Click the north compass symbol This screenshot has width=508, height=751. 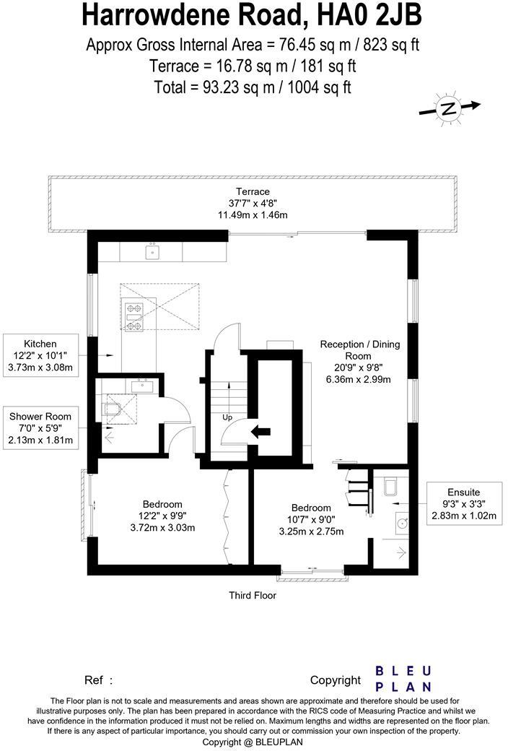pos(449,109)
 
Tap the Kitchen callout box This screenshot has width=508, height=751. pos(40,356)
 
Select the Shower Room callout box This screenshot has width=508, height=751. pos(40,428)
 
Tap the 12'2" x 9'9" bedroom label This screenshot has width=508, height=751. pos(162,516)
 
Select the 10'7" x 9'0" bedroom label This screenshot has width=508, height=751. pos(311,519)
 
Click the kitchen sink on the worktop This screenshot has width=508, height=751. pos(152,251)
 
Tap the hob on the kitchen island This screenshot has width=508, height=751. pos(134,317)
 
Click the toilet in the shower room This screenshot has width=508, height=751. pos(111,411)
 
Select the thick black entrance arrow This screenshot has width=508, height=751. pos(259,432)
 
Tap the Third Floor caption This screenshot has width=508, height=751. pos(253,596)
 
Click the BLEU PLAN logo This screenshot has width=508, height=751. pos(403,679)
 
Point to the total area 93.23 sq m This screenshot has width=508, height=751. pos(253,87)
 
